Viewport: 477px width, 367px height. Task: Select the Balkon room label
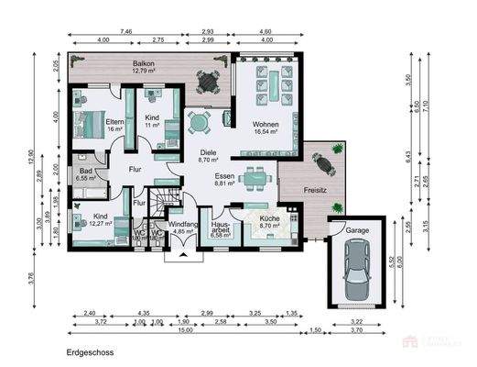click(x=143, y=62)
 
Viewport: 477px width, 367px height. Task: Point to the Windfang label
click(x=186, y=225)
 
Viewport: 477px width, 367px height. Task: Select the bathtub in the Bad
click(x=92, y=190)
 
